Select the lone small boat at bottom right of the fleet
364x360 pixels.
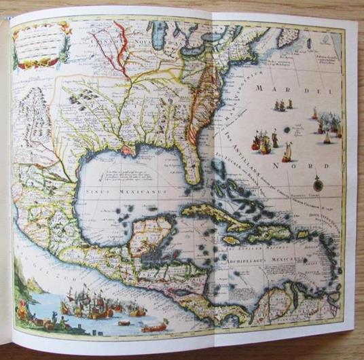click(x=156, y=327)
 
